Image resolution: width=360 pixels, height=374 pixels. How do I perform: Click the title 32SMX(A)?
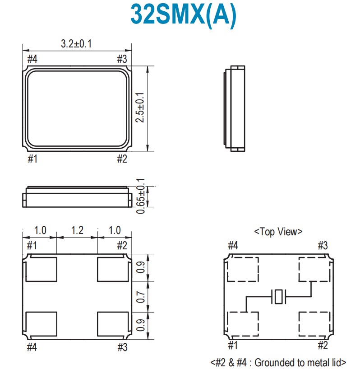tap(183, 15)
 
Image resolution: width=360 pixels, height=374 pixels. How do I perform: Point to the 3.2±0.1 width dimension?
tap(77, 44)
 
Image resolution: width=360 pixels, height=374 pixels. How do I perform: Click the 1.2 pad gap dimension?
tap(77, 230)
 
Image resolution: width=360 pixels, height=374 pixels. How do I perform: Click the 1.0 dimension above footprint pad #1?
tap(40, 230)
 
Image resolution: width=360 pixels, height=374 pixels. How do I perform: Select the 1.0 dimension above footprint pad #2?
tap(115, 230)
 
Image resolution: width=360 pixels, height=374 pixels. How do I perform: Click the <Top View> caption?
tap(278, 232)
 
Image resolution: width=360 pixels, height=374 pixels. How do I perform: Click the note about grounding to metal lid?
tap(278, 362)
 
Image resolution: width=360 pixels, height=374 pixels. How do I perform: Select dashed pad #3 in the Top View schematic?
tap(314, 270)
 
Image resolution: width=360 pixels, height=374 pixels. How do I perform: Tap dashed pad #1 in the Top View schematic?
tap(243, 324)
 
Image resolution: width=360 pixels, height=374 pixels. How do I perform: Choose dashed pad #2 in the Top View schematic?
tap(314, 324)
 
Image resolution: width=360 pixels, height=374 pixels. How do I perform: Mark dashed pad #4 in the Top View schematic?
tap(243, 270)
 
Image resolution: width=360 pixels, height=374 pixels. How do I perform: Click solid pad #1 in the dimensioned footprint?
tap(42, 269)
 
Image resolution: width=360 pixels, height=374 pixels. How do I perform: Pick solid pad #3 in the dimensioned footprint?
tap(113, 323)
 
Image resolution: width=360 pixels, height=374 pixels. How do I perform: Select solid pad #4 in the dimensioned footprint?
tap(42, 323)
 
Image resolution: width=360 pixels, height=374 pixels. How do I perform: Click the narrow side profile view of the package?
tap(234, 108)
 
